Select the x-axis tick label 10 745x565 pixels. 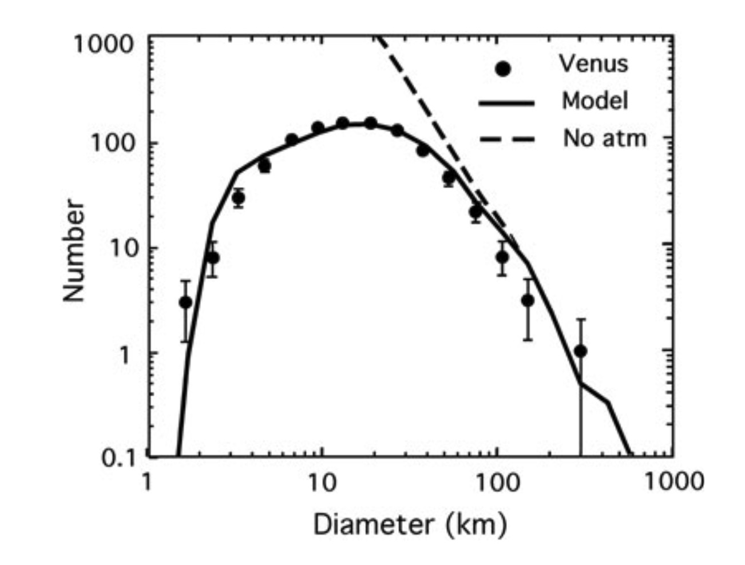tap(322, 482)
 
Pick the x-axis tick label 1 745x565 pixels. tap(148, 482)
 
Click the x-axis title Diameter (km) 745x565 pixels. tap(410, 524)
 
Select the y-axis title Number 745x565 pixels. tap(74, 250)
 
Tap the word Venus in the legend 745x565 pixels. tap(593, 63)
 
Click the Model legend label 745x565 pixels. tap(595, 101)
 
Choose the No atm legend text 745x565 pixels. tap(605, 138)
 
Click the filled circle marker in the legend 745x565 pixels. tap(503, 69)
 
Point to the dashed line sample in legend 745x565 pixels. tap(506, 140)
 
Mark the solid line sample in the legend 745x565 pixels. tap(506, 104)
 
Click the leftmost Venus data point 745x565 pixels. tap(185, 302)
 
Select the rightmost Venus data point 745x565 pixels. tap(581, 351)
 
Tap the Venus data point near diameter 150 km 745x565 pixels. tap(528, 300)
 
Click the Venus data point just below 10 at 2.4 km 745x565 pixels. tap(213, 258)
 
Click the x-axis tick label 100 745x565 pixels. tap(496, 482)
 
